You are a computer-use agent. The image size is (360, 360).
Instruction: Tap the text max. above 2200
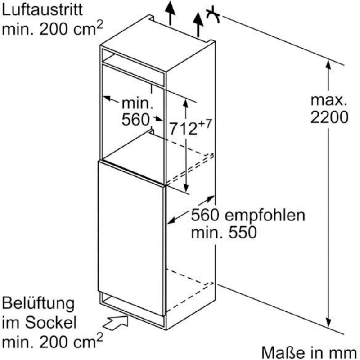pyautogui.click(x=329, y=99)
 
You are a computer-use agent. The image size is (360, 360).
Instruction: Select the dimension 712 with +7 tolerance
pyautogui.click(x=190, y=128)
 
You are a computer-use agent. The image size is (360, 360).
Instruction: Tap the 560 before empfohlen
pyautogui.click(x=205, y=216)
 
